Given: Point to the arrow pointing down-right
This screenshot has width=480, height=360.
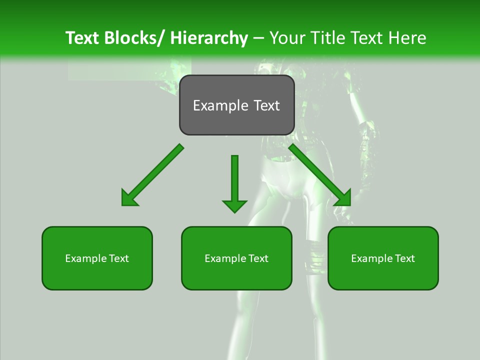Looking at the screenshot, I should (x=320, y=175).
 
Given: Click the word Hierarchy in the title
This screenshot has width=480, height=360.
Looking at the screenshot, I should (x=209, y=38).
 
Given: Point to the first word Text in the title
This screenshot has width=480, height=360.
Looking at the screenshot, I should (x=82, y=38).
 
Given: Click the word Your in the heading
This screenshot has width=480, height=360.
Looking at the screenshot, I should (x=288, y=38).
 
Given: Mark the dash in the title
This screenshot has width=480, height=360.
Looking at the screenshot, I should (x=258, y=38).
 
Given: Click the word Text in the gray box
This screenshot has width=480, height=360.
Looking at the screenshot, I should (x=265, y=105).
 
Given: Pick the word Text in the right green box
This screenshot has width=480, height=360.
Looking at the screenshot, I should (x=403, y=258).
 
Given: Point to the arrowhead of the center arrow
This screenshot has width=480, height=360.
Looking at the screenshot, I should (x=234, y=205).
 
